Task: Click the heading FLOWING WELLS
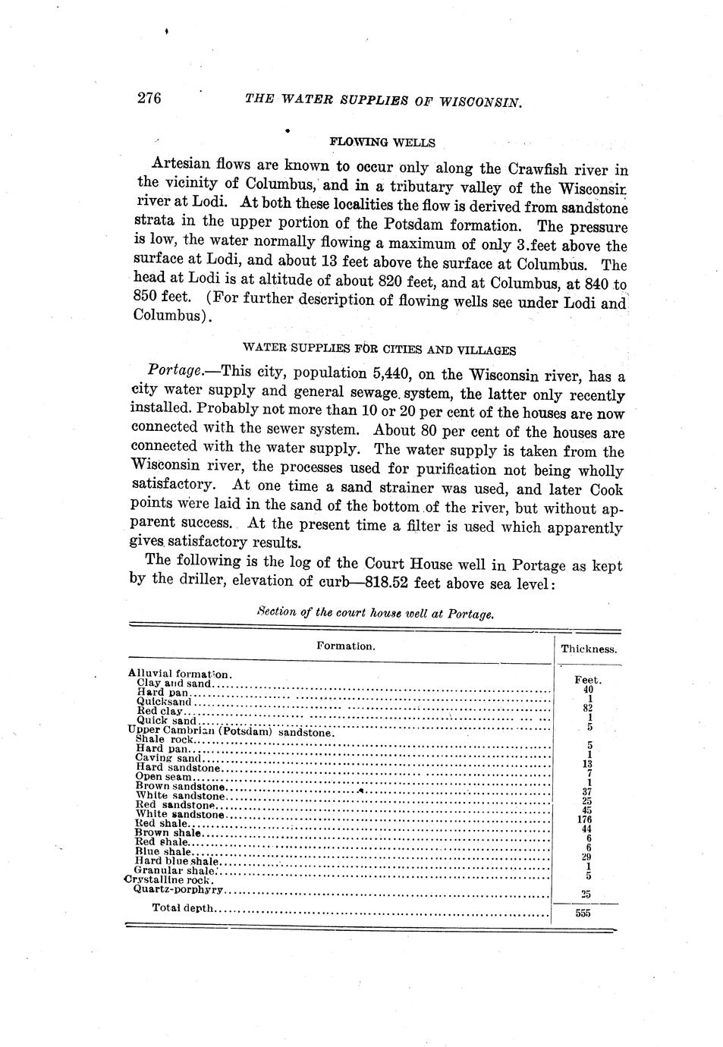[382, 143]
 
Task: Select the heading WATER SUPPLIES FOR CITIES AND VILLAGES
[379, 350]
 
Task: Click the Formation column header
[345, 646]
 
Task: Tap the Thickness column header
[588, 649]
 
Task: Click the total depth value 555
[583, 913]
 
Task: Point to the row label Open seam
[164, 777]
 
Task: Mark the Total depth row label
[183, 907]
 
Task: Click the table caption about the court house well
[375, 613]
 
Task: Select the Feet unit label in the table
[587, 680]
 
